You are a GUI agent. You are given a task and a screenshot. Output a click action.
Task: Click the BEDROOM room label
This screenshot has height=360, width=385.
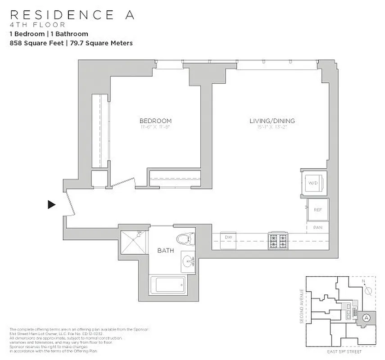(155, 121)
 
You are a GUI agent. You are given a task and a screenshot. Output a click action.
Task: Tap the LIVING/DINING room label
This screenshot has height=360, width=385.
(272, 121)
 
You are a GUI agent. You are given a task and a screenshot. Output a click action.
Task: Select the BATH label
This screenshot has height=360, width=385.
(163, 250)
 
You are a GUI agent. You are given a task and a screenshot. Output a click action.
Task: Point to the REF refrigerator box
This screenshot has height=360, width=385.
(317, 210)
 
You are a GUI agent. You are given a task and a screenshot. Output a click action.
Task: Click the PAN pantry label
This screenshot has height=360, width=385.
(317, 228)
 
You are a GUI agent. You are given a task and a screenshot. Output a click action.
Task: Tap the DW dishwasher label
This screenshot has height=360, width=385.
(228, 237)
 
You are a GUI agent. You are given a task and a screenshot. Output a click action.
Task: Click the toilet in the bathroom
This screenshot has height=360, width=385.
(185, 238)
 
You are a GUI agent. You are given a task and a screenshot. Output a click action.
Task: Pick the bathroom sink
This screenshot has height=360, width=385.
(188, 261)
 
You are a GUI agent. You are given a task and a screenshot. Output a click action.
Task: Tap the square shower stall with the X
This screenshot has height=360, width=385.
(134, 242)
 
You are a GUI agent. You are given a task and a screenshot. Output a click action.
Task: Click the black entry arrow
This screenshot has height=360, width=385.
(52, 205)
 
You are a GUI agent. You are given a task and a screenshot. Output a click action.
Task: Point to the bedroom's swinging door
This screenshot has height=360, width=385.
(122, 182)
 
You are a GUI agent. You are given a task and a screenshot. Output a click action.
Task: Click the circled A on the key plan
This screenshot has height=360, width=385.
(367, 317)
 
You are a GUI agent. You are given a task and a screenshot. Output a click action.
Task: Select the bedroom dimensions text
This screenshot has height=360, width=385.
(155, 127)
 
